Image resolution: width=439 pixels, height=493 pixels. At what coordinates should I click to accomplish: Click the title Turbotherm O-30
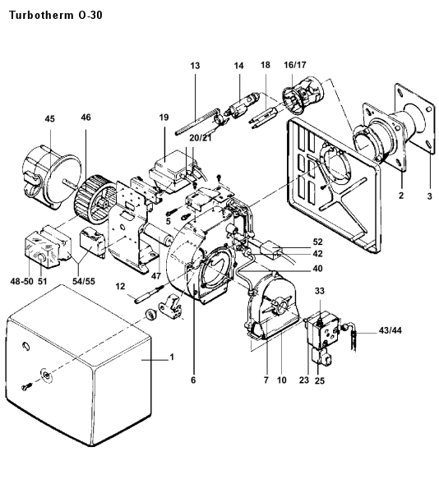coord(56,15)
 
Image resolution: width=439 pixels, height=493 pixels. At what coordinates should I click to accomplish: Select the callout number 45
coord(49,119)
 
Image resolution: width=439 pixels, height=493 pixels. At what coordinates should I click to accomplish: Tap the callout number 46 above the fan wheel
coord(85,117)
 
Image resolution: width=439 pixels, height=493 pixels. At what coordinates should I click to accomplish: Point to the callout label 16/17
coord(294,65)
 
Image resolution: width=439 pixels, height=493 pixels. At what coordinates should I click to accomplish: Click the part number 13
coord(195,66)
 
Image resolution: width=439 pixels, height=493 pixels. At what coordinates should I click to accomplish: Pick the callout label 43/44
coord(390,330)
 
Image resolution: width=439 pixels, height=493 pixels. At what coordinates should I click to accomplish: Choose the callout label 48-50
coord(21,281)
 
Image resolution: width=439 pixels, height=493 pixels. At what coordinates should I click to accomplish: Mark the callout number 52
coord(317,242)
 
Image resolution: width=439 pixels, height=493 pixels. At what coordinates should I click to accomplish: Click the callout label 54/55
coord(84,281)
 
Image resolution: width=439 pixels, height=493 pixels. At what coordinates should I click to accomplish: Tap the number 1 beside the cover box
coord(172,357)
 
